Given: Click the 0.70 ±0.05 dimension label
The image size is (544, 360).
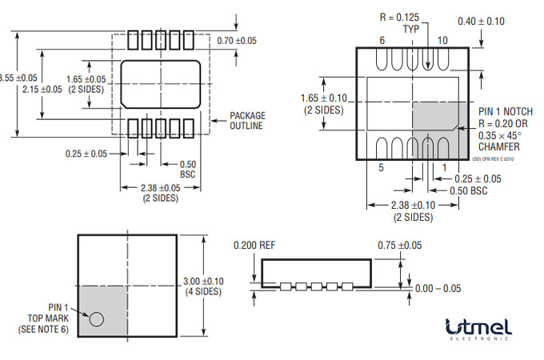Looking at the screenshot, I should (236, 40).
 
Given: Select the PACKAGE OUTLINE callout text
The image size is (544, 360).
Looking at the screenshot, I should (247, 121).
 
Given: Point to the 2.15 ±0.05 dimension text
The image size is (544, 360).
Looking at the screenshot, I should (42, 89).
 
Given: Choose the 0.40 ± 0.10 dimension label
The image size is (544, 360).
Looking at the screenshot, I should (481, 21).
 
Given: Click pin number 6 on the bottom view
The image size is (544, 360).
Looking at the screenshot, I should (382, 40).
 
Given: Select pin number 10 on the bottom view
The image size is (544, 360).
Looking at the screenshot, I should (442, 40).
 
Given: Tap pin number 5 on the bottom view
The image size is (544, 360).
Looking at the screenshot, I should (382, 168).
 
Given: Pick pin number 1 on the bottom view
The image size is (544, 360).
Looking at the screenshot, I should (444, 168).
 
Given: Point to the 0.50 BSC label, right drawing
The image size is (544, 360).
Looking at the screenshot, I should (467, 191).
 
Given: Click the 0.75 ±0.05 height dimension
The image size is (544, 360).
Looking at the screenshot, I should (400, 245).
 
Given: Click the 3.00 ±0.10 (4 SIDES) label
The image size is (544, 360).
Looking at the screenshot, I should (203, 286).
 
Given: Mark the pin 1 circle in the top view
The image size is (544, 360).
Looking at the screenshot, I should (97, 319).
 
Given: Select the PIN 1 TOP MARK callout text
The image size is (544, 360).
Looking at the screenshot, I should (46, 318).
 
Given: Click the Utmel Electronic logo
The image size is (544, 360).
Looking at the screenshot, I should (478, 329).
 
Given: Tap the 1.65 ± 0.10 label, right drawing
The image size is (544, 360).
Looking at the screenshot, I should (324, 104).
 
